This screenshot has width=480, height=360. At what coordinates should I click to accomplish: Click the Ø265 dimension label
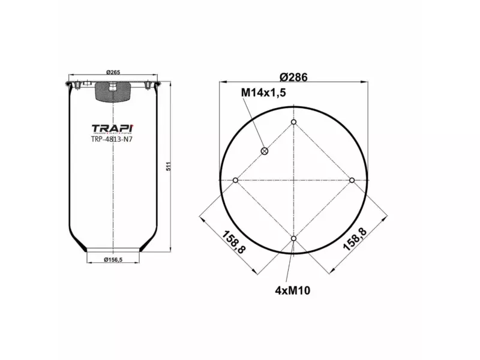(x=113, y=73)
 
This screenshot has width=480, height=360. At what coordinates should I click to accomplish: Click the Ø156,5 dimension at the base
(x=113, y=260)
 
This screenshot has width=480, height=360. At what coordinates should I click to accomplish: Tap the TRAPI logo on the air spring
(x=113, y=128)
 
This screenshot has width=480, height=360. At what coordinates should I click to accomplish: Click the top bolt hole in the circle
(x=294, y=122)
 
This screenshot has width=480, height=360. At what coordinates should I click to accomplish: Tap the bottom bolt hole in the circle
(x=294, y=239)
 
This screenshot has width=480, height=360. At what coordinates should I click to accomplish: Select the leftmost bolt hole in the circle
(x=236, y=181)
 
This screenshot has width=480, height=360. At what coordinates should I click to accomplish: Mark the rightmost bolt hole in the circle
(x=352, y=181)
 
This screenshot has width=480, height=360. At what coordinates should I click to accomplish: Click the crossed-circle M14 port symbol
(x=265, y=151)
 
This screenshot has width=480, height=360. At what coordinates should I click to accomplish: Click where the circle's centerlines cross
(x=294, y=181)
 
